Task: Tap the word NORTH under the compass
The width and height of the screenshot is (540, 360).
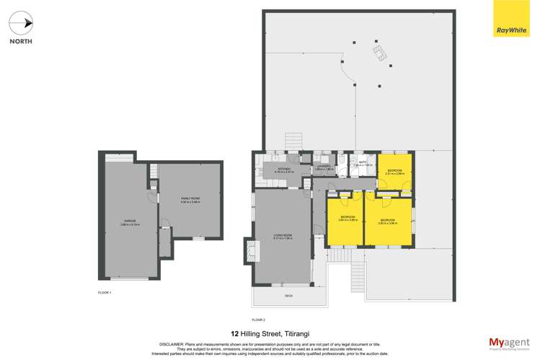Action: coord(20,41)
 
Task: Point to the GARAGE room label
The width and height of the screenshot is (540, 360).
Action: coord(128,221)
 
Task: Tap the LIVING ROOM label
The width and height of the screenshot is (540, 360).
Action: coord(283,235)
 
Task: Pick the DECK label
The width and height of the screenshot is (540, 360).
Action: coord(289,296)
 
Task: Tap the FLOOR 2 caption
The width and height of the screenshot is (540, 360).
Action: coord(259,319)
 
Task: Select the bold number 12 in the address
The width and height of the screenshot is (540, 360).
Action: coord(234,334)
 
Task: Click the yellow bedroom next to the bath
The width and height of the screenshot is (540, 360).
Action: coord(395,172)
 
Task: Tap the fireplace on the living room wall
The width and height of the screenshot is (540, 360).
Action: coord(249,250)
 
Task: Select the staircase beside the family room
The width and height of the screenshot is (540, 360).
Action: coord(153,171)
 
